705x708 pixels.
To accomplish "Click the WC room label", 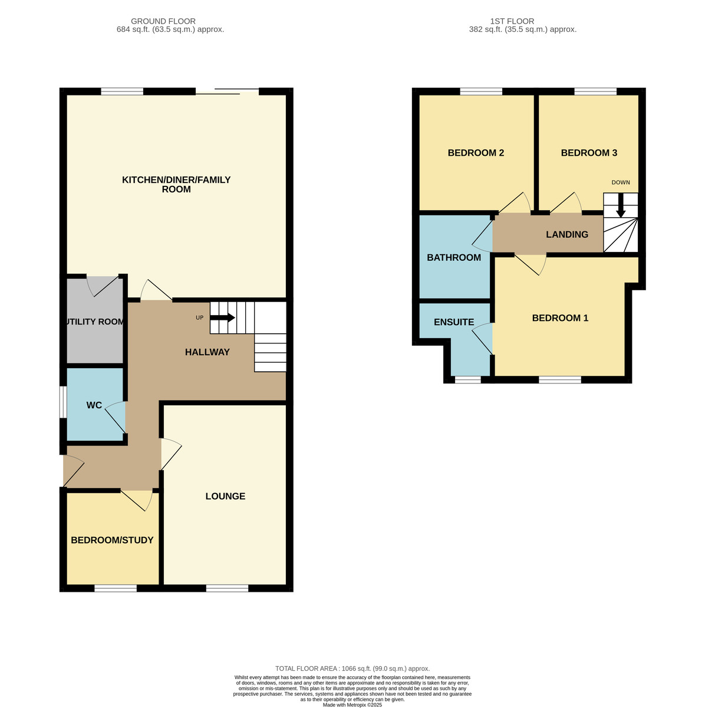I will pos(94,405).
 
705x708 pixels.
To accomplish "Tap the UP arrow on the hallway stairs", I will pos(223,317).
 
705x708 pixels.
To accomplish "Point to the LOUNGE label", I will pos(225,496).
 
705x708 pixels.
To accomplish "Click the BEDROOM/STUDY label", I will pos(112,540).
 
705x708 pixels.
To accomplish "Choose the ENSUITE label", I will pos(454,322).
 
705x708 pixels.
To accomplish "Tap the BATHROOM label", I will pos(454,257).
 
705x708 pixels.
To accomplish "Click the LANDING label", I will pos(567,234).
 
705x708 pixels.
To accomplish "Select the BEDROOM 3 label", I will pos(589,153).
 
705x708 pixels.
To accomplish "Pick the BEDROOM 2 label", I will pos(476,153).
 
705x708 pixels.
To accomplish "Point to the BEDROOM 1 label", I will pos(560,318).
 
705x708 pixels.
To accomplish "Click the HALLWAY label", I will pos(207,352).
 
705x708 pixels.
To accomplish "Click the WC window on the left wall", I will pos(62,402).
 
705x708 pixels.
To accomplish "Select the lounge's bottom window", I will pos(227,588).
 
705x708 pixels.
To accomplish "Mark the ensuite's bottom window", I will pos(467,379).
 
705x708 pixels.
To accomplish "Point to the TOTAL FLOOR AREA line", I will pos(352,668).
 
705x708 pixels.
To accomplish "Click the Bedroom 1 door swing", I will pos(532,263).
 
